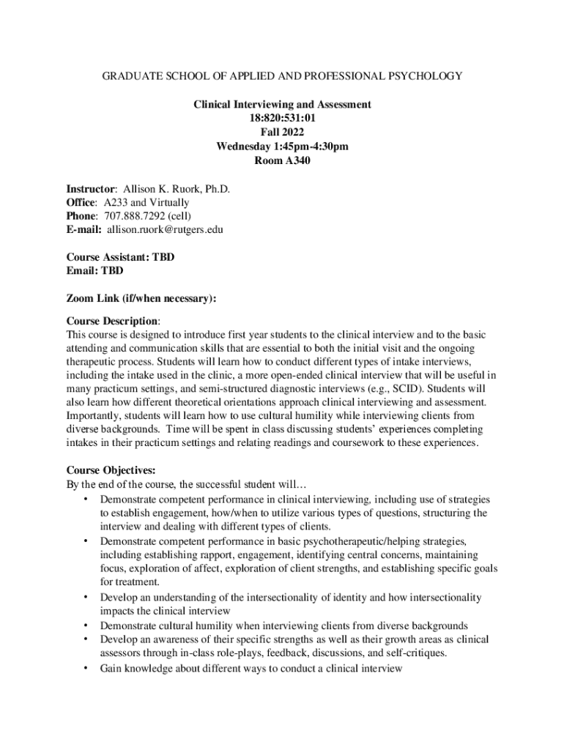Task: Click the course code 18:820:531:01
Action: pos(282,118)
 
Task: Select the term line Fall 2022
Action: pos(282,133)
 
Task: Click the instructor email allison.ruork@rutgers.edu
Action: pos(166,230)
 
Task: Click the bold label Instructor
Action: pos(91,188)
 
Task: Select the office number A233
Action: pos(116,202)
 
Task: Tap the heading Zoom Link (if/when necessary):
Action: pos(141,299)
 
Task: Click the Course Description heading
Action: pos(112,321)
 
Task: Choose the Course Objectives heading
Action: pos(111,470)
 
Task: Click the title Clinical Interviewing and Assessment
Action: pos(282,104)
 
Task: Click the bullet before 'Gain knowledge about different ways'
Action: pos(86,668)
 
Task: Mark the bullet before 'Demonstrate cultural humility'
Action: pos(86,625)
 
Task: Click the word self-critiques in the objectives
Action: pos(418,653)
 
